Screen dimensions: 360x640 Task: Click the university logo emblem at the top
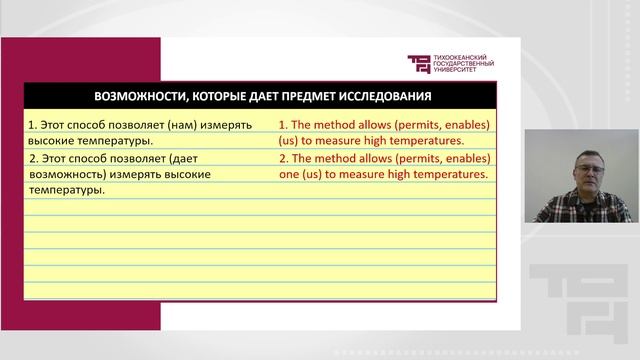click(x=417, y=64)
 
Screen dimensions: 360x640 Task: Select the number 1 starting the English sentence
click(x=283, y=125)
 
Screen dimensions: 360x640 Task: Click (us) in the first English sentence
click(x=289, y=141)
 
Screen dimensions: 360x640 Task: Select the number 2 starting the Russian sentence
click(x=33, y=158)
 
